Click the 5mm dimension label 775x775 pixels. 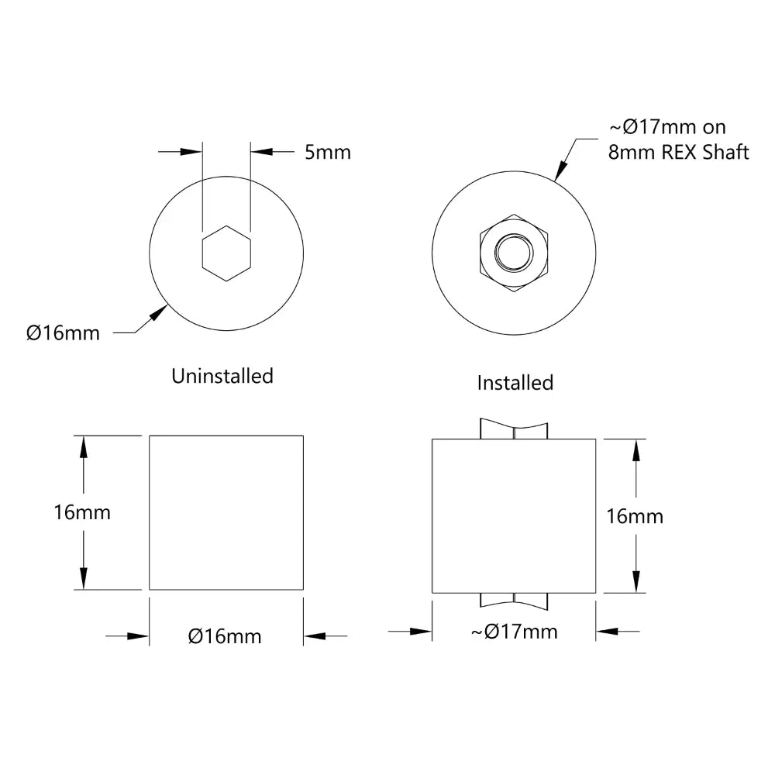[x=327, y=152]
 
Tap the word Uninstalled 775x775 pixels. [x=222, y=376]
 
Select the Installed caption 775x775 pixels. [x=515, y=383]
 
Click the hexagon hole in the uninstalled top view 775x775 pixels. [x=226, y=253]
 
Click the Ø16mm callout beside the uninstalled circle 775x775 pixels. [x=63, y=333]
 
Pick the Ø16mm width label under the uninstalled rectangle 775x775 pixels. [x=225, y=636]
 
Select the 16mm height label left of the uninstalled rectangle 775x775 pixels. [x=82, y=512]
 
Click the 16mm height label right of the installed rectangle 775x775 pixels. [x=634, y=516]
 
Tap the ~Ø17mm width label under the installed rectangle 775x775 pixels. [x=514, y=632]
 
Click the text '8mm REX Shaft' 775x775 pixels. [x=678, y=152]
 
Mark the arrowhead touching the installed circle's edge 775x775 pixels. [x=562, y=172]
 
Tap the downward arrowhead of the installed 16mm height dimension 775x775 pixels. [x=636, y=581]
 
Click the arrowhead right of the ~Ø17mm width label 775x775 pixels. [x=607, y=632]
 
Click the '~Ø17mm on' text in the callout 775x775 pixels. [x=668, y=127]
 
